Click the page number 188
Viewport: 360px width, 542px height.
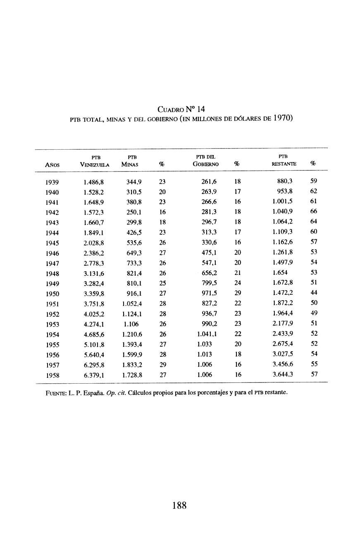click(x=180, y=505)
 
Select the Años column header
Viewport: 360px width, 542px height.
click(x=52, y=164)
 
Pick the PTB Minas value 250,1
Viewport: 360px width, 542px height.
click(x=135, y=213)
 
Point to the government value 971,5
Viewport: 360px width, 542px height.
click(x=209, y=294)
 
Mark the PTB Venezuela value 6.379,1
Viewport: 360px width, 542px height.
click(x=94, y=375)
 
